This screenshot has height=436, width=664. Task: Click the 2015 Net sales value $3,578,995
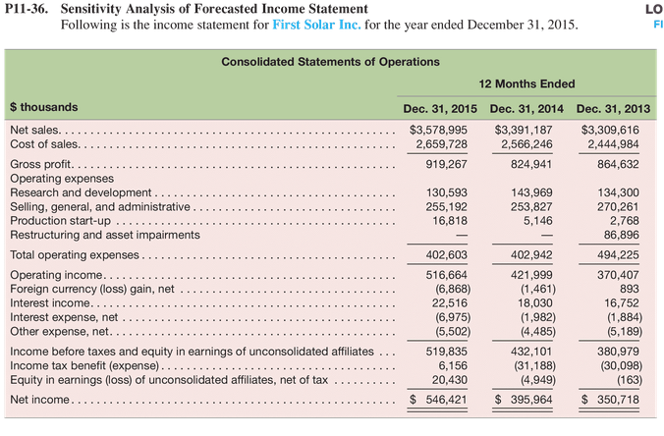click(438, 130)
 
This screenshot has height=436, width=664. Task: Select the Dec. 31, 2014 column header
click(526, 109)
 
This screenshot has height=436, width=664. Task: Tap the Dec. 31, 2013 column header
click(613, 109)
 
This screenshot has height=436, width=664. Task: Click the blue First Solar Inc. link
click(316, 25)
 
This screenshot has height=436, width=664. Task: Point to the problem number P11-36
click(27, 9)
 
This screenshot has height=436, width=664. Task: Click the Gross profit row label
click(41, 164)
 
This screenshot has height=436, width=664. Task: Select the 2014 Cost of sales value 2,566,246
click(526, 144)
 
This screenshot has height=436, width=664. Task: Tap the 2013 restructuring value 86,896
click(621, 235)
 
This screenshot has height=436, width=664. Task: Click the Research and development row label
click(81, 192)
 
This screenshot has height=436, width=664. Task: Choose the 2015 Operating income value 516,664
click(446, 275)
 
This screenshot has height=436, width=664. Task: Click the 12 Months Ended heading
click(526, 83)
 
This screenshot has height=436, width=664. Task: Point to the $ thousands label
click(43, 107)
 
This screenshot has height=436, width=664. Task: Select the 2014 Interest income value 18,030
click(535, 303)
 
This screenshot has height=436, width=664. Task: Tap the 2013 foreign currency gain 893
click(630, 289)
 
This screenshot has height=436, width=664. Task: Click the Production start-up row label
click(60, 221)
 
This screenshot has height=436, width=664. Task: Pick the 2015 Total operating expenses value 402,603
click(446, 255)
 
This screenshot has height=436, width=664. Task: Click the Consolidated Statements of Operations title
click(330, 62)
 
